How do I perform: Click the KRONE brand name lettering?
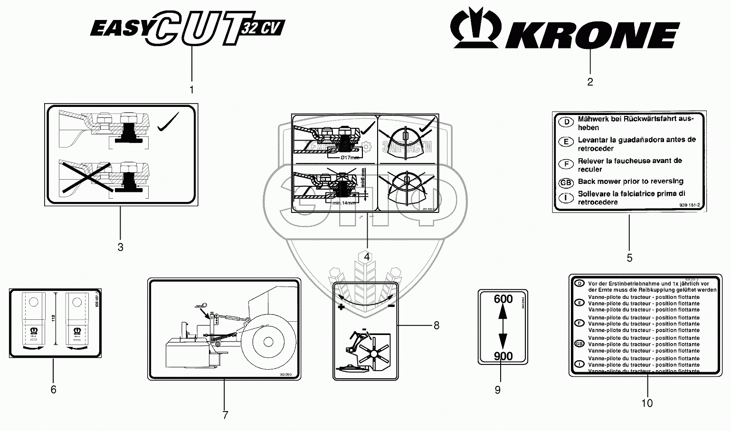592,35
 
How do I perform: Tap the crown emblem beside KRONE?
475,29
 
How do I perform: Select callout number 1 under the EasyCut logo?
191,90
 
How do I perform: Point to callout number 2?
590,82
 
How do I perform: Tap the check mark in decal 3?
167,122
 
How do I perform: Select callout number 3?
121,247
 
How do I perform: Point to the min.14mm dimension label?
343,203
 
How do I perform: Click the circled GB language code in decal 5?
566,182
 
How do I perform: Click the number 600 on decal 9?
503,299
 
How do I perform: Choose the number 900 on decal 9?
503,356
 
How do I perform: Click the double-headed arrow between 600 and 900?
503,328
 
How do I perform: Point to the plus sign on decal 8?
341,307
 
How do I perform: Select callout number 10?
647,403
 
